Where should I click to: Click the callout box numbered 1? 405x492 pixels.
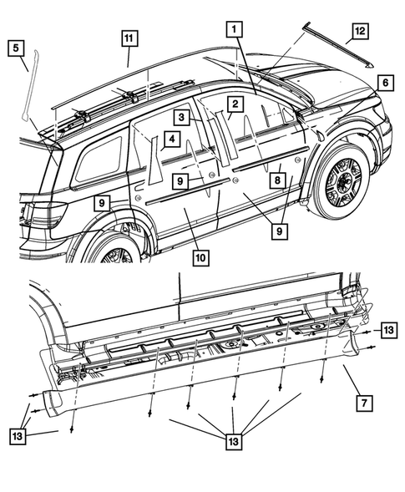click(x=235, y=28)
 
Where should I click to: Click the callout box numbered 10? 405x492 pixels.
click(x=200, y=259)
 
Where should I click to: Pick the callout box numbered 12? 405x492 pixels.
click(x=359, y=31)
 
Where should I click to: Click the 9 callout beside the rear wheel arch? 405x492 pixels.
click(x=100, y=203)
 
